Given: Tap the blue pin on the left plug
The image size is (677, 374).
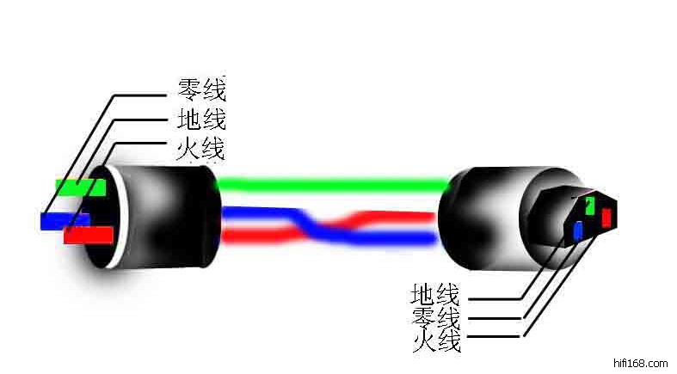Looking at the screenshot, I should pyautogui.click(x=64, y=221).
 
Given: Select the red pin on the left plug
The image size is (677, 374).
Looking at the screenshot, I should pyautogui.click(x=88, y=234).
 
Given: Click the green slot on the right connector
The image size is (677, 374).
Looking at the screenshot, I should pyautogui.click(x=590, y=205).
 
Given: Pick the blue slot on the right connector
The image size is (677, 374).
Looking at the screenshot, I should pyautogui.click(x=578, y=230).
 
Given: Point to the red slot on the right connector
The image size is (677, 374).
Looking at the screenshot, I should pyautogui.click(x=606, y=218).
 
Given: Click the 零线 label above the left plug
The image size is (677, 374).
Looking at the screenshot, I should pyautogui.click(x=201, y=89).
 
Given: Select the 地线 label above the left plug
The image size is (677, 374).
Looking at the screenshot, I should pyautogui.click(x=201, y=119).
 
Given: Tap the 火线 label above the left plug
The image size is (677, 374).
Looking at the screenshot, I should pyautogui.click(x=201, y=148).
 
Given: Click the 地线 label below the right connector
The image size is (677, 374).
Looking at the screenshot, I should pyautogui.click(x=436, y=295).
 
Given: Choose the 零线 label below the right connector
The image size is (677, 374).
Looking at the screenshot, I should pyautogui.click(x=436, y=318).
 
